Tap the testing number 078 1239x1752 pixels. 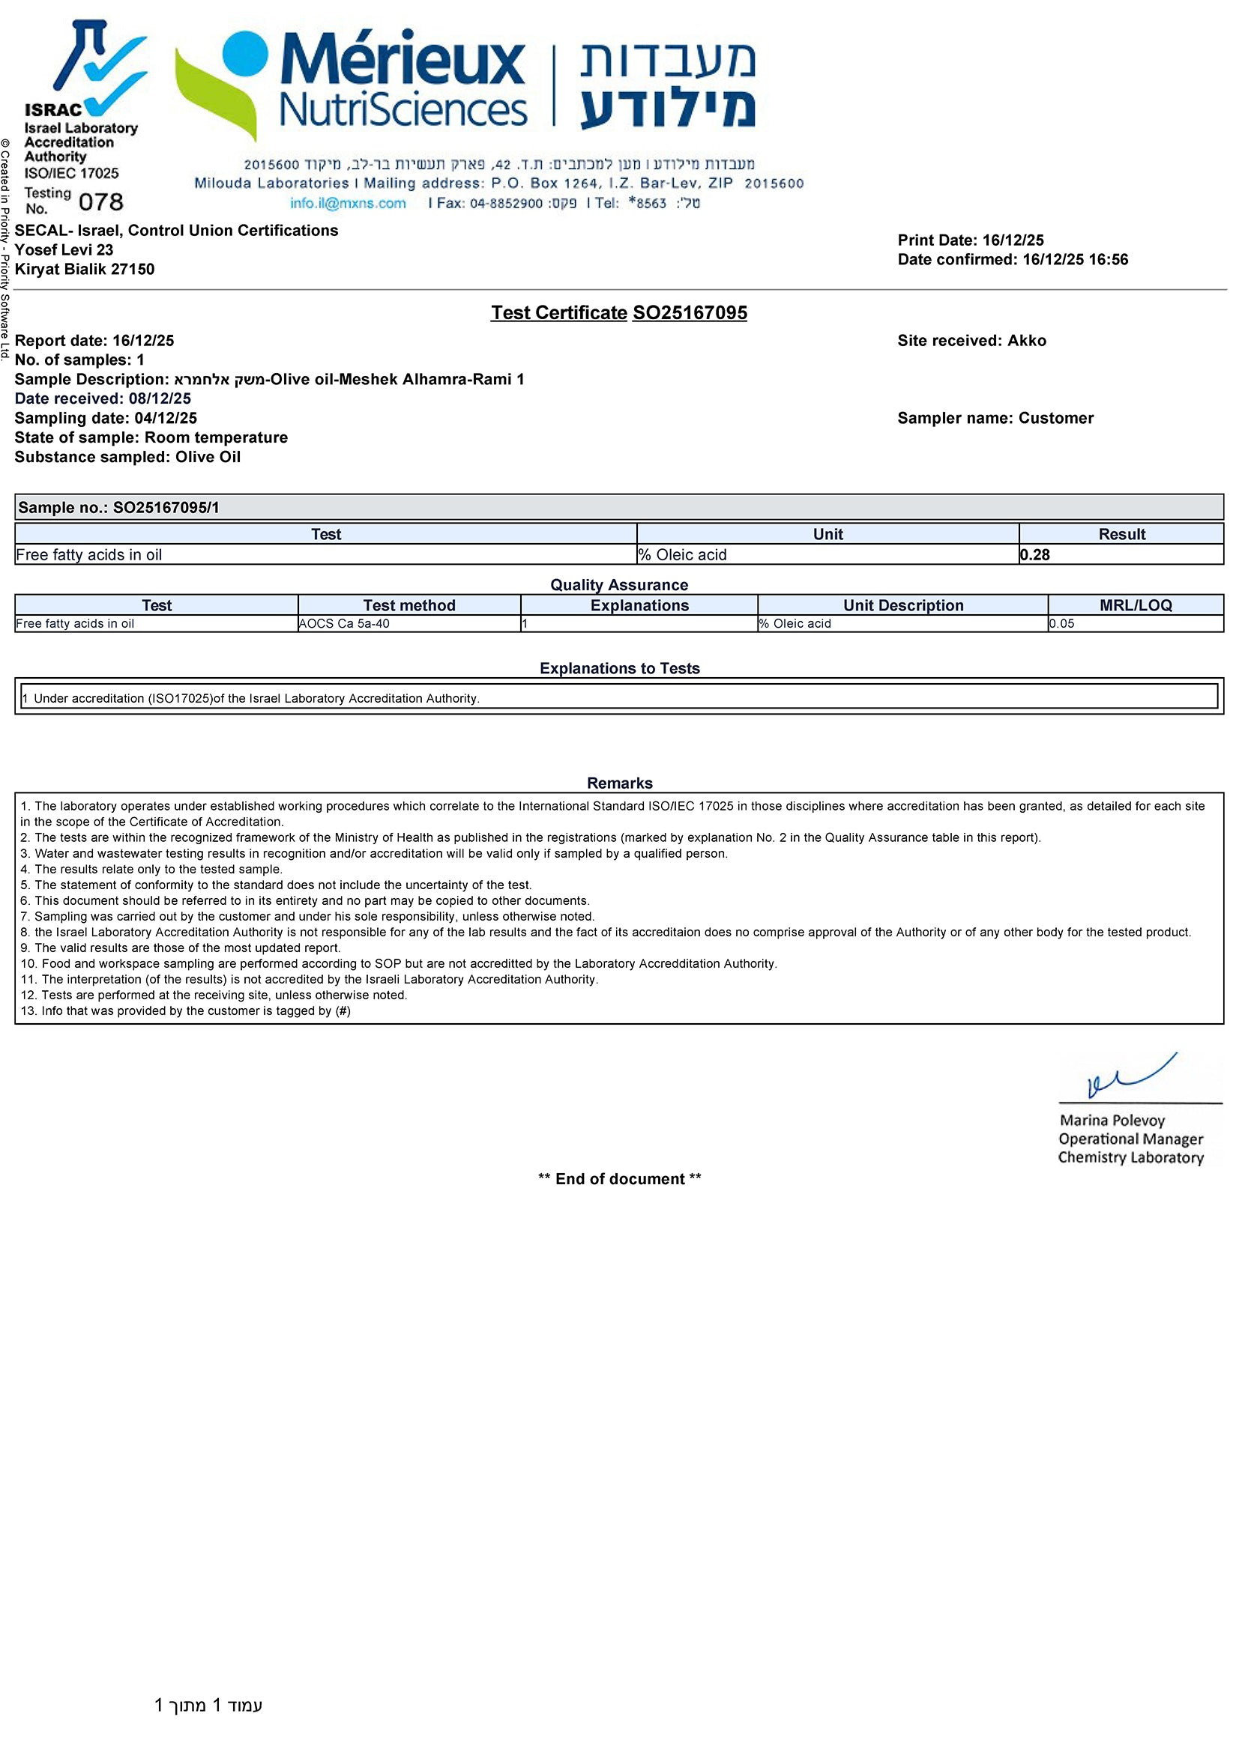click(x=100, y=202)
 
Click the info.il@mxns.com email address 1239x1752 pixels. click(x=347, y=203)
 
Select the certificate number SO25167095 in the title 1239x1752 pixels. click(x=690, y=313)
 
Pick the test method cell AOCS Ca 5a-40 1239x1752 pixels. click(x=344, y=623)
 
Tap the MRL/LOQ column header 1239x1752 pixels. click(x=1135, y=605)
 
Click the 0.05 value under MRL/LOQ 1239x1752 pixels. click(x=1061, y=623)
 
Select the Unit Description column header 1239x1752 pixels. click(x=903, y=605)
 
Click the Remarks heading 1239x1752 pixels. click(x=619, y=783)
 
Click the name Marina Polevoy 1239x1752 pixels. click(x=1112, y=1120)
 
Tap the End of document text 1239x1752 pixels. click(x=619, y=1179)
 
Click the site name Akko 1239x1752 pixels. click(x=1027, y=341)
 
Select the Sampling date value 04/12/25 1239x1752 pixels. click(x=166, y=418)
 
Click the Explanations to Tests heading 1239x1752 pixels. click(x=619, y=668)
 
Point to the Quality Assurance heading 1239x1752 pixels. click(x=619, y=585)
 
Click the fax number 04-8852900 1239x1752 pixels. click(x=506, y=204)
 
